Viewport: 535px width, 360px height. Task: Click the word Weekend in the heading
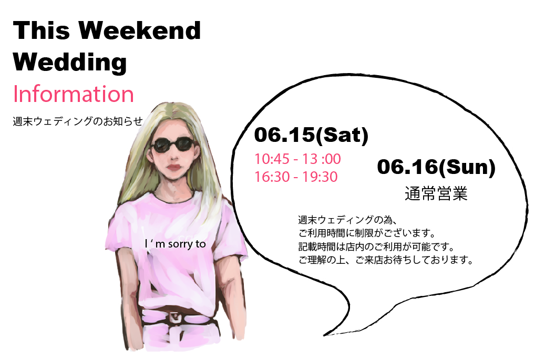point(140,30)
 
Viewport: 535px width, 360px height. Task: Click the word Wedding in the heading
point(70,63)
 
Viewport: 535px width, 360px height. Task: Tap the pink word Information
point(74,94)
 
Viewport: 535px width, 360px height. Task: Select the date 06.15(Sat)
point(311,135)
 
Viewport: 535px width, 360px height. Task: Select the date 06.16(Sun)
point(436,167)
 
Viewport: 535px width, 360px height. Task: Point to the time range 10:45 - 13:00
point(297,159)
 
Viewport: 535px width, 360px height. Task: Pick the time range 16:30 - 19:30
point(296,177)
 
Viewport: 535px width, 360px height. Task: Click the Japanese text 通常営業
point(436,193)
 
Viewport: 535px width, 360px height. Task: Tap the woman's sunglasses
point(173,145)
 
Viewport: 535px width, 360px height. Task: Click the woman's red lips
point(173,168)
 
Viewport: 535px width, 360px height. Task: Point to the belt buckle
point(175,317)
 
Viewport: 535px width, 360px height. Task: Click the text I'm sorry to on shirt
point(176,244)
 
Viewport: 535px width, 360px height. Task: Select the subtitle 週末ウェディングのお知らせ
point(78,121)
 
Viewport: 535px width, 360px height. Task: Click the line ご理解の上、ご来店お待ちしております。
point(386,260)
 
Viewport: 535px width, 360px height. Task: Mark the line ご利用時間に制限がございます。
point(367,233)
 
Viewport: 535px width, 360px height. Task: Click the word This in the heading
point(42,30)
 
